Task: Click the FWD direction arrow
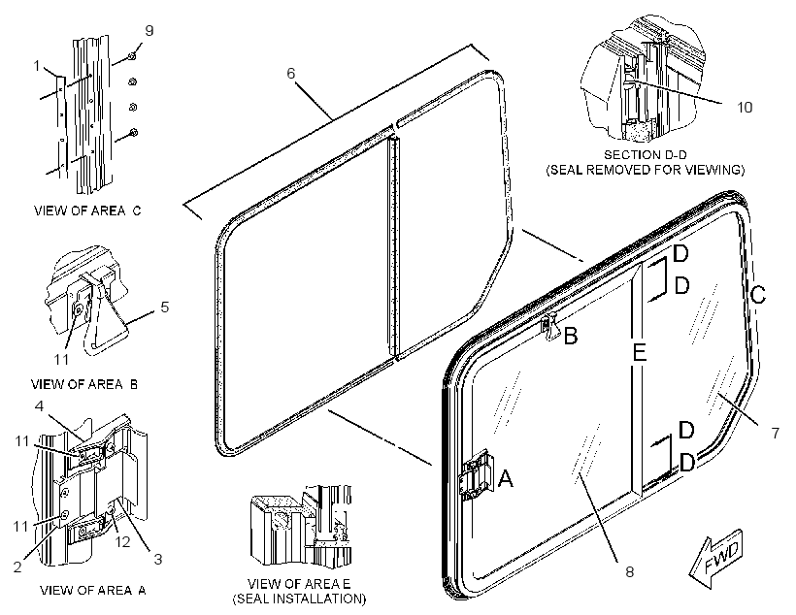click(x=716, y=558)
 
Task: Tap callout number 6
click(x=291, y=73)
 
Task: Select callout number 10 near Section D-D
click(x=745, y=107)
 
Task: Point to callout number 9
click(x=149, y=30)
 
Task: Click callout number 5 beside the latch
click(x=164, y=307)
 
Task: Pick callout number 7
click(x=776, y=433)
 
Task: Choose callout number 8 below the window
click(x=629, y=572)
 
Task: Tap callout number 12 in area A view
click(x=123, y=541)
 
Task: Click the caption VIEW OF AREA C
click(x=87, y=210)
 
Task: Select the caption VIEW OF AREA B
click(x=84, y=384)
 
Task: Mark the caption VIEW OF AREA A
click(x=93, y=590)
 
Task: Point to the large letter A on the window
click(x=505, y=478)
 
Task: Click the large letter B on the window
click(x=571, y=336)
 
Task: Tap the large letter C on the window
click(x=758, y=294)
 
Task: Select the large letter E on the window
click(x=639, y=352)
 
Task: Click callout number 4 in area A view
click(x=39, y=405)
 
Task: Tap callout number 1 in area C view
click(x=37, y=65)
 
